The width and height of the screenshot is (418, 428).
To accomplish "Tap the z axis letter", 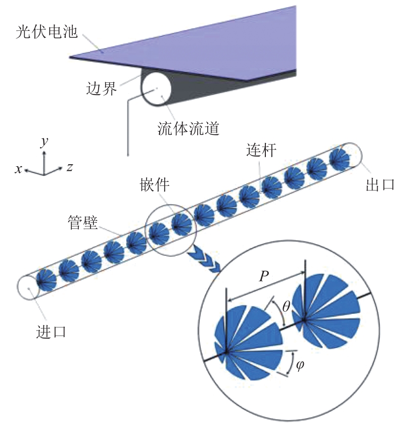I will click(x=70, y=167).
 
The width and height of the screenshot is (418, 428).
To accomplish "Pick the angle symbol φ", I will click(x=300, y=365).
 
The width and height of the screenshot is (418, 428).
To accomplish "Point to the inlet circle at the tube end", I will click(x=29, y=288).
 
